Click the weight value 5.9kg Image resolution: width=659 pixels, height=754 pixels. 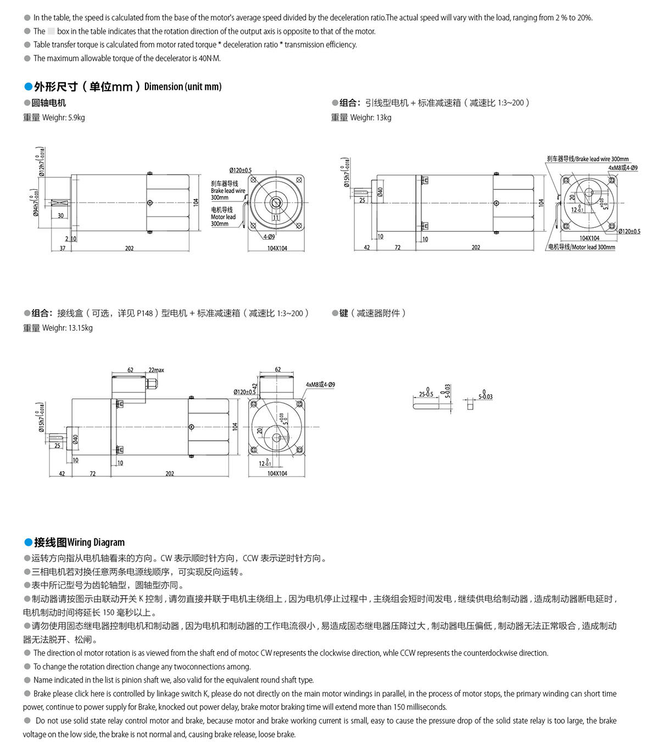[x=76, y=117]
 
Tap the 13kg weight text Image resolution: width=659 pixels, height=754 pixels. [x=384, y=117]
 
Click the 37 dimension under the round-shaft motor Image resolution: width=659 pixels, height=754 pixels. [x=63, y=249]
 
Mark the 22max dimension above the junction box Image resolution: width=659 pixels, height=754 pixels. [x=156, y=370]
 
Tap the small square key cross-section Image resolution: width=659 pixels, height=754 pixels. [x=470, y=406]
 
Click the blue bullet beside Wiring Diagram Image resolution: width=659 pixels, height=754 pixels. [x=28, y=542]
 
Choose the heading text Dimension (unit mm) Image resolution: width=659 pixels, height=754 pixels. [x=183, y=87]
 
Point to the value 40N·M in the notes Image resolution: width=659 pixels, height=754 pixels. [x=209, y=58]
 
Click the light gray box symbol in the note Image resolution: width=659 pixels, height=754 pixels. [x=51, y=31]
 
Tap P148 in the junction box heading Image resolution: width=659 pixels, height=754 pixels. [x=145, y=313]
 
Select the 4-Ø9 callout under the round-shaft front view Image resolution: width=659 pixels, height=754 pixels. [x=269, y=237]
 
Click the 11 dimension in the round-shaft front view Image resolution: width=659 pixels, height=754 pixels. [x=276, y=218]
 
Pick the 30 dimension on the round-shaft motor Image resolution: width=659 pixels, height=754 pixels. [x=60, y=216]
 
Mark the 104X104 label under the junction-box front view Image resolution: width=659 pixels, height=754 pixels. [x=277, y=474]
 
